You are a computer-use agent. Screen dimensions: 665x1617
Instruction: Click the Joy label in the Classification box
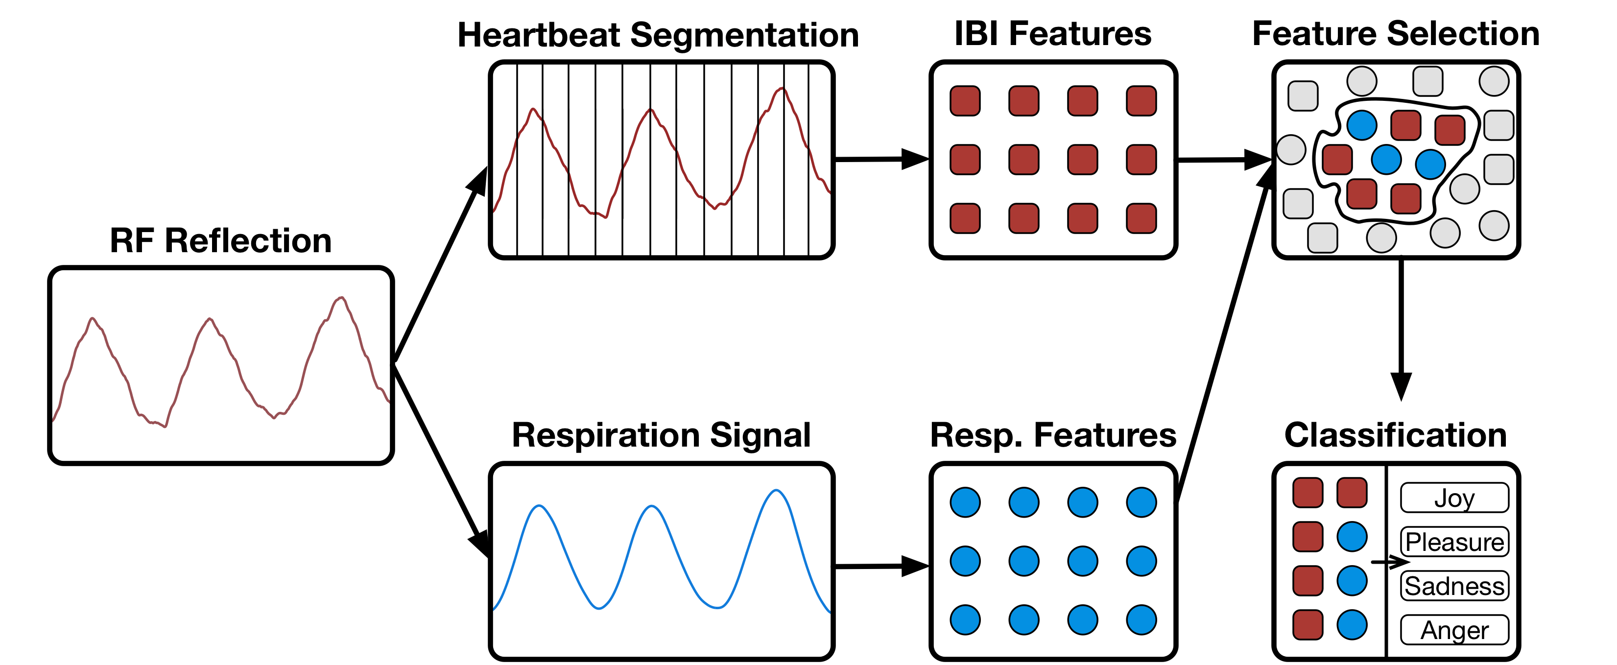tap(1454, 499)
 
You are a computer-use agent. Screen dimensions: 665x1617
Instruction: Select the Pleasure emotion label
tap(1454, 543)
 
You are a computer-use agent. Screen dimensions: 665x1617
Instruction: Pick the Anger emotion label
tap(1454, 630)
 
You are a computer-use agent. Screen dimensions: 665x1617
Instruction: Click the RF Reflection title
tap(220, 241)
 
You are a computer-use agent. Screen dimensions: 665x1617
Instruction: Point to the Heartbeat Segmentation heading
tap(658, 35)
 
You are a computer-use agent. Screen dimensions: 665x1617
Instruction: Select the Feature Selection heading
tap(1396, 34)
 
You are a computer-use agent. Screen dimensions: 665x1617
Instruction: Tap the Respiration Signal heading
tap(661, 435)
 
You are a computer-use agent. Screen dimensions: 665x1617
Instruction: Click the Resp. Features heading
tap(1053, 435)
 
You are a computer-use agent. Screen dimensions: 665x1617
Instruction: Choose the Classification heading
tap(1396, 435)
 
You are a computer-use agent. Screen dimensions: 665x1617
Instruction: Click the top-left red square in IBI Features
tap(965, 101)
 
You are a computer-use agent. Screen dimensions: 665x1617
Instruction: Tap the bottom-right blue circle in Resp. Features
tap(1141, 620)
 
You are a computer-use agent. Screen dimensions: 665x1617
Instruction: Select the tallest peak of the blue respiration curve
tap(777, 491)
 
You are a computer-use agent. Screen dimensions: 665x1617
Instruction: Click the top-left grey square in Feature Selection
tap(1303, 96)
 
